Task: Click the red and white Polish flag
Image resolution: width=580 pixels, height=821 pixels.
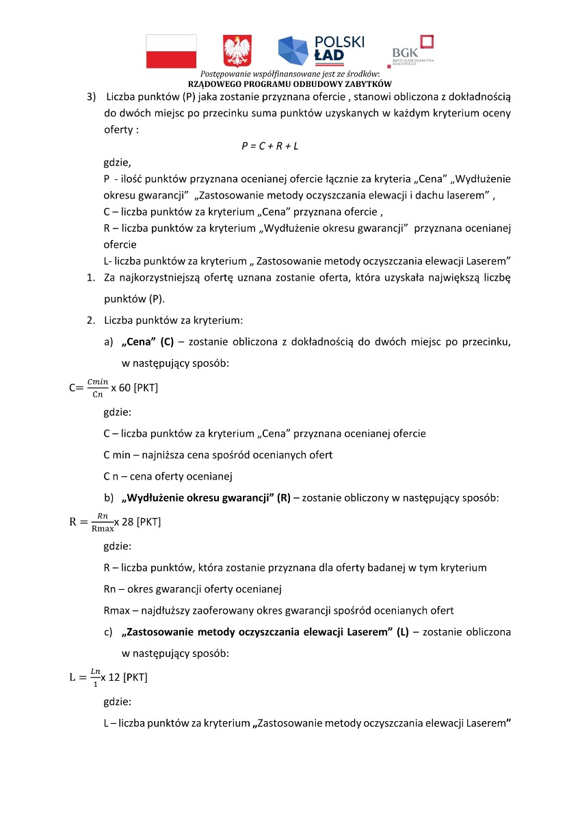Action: [171, 51]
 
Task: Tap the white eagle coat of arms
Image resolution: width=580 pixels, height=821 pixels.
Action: [237, 51]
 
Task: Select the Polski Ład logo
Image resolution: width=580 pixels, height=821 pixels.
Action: [321, 49]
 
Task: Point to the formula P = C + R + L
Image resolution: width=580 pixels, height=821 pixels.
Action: [270, 146]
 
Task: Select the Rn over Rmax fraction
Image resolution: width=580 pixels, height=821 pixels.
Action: [103, 521]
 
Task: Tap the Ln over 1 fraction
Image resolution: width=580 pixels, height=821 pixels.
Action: [94, 677]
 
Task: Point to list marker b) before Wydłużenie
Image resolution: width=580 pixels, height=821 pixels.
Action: [108, 498]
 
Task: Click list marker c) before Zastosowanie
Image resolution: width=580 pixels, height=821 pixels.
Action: [108, 632]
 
